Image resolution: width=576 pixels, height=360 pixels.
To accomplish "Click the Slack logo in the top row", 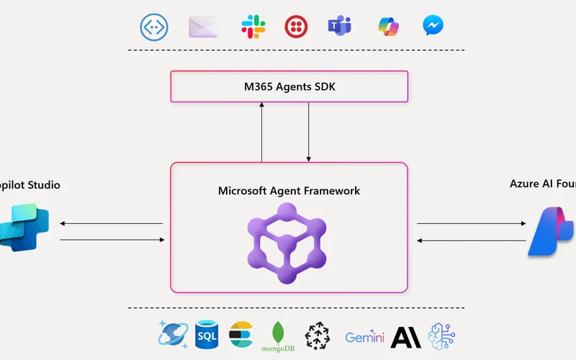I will [x=253, y=27].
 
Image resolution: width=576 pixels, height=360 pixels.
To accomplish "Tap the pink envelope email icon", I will [x=203, y=27].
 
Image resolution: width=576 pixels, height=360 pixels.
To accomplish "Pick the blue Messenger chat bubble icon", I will [x=433, y=27].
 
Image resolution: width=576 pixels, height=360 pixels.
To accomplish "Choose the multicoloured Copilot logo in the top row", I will [x=388, y=27].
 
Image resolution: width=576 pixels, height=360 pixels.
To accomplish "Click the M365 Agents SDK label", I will [x=289, y=87].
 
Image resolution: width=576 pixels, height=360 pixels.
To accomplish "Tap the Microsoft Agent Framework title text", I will [x=289, y=191].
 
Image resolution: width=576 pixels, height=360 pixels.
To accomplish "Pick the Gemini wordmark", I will [x=364, y=337].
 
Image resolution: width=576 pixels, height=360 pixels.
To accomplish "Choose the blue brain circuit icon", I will [x=441, y=336].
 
